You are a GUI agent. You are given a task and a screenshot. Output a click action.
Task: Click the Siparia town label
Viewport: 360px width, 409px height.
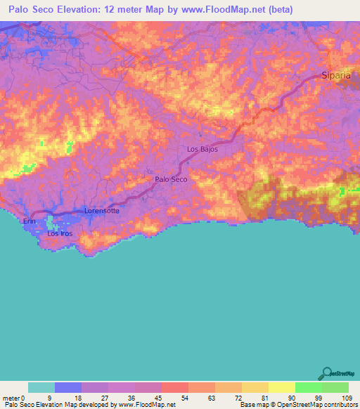pos(335,74)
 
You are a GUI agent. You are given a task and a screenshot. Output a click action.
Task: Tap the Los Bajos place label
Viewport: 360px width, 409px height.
pos(202,150)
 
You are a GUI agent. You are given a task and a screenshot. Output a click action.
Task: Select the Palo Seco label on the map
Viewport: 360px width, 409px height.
pos(171,180)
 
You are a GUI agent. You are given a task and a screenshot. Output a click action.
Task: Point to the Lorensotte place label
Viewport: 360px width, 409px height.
pos(102,210)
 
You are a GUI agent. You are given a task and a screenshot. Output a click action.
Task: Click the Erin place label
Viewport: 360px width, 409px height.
pos(29,221)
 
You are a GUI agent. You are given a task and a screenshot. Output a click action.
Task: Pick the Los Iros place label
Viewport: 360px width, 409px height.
pos(60,233)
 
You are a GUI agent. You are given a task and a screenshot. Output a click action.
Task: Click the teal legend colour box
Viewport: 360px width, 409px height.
pos(41,387)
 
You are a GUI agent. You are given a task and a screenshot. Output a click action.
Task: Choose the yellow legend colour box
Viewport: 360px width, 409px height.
pos(281,387)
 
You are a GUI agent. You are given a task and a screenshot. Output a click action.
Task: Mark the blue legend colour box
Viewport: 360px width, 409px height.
pos(68,387)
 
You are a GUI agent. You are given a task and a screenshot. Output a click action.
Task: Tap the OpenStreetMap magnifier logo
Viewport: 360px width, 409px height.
pos(326,372)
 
